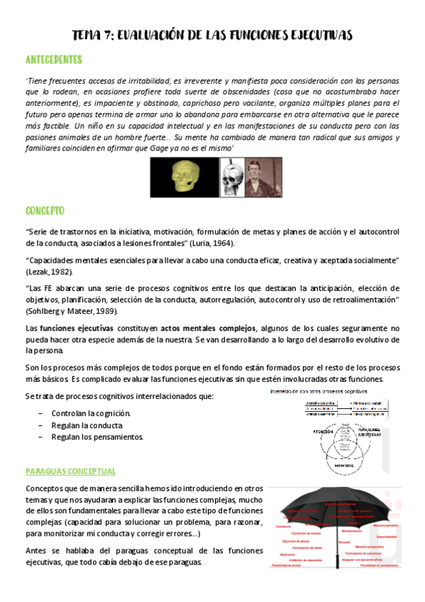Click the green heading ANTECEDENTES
[53, 59]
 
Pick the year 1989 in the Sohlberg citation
[103, 311]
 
